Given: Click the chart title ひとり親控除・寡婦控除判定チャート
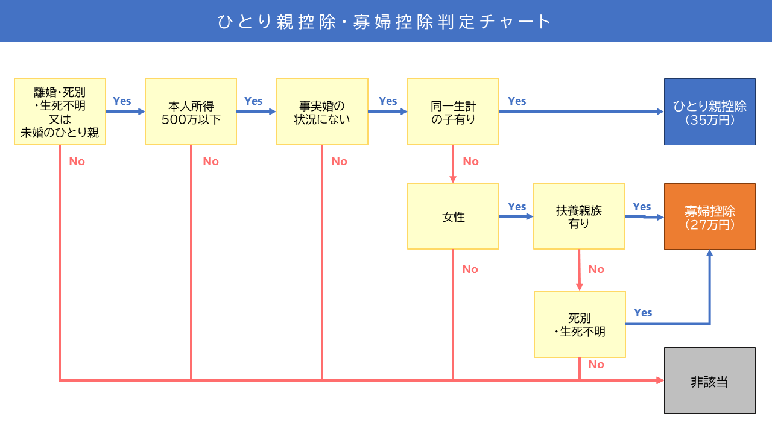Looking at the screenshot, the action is point(384,22).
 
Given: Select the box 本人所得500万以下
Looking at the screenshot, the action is point(191,112).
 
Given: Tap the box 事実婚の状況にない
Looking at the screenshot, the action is point(322,112).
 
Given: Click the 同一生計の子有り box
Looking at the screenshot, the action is point(453,112).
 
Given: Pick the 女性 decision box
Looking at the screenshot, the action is point(453,216).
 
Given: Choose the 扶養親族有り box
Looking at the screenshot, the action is point(580,216).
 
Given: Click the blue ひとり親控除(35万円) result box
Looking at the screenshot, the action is point(710,112).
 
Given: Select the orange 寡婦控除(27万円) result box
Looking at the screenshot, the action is point(710,216).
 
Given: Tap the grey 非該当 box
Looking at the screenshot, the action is point(710,380).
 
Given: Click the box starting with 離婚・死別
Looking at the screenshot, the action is point(60,112).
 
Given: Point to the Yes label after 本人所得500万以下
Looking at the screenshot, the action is point(253,101).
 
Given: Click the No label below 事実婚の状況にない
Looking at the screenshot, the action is point(339,161).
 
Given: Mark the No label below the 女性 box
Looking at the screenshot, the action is point(470,269).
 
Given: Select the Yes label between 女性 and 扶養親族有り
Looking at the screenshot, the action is point(517,206).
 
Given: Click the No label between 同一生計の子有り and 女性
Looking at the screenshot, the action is point(471,161).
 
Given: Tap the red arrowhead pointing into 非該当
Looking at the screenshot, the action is point(660,380).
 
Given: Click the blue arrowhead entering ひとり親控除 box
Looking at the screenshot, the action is point(660,112).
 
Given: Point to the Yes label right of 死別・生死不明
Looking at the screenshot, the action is point(643,312).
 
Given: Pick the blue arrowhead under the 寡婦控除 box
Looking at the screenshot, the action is point(710,253).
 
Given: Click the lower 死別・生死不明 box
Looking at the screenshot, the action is point(580,324).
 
